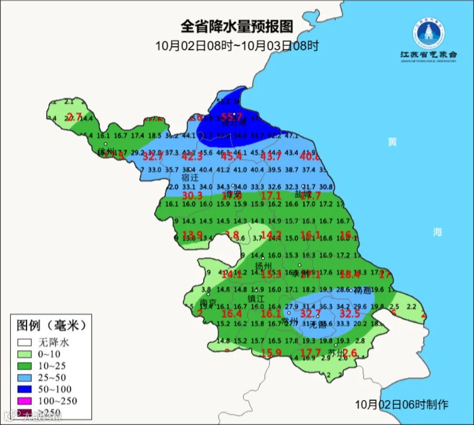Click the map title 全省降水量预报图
point(237,27)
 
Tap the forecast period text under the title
point(237,45)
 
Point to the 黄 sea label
point(392,142)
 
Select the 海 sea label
point(438,232)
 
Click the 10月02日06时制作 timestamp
point(402,404)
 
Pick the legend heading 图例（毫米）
point(51,325)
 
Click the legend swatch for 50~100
point(25,389)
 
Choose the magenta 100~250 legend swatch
point(25,401)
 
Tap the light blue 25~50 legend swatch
point(25,377)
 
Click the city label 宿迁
point(190,178)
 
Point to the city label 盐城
point(303,194)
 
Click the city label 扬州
point(264,266)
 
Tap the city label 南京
point(208,303)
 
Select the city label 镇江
point(256,298)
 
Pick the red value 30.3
point(192,196)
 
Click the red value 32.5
point(350,314)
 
